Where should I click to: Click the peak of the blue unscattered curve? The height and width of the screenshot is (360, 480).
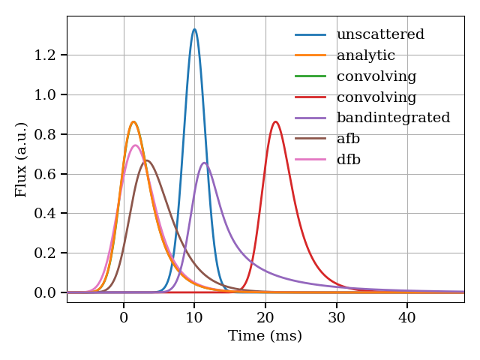point(194,29)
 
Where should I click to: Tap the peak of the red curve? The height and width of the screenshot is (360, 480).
point(275,121)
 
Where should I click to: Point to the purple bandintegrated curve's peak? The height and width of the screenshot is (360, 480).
point(204,163)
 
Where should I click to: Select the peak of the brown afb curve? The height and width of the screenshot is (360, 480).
point(147,160)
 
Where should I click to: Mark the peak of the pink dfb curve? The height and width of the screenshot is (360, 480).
point(135,145)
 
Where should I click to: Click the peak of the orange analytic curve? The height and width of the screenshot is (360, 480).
point(133,121)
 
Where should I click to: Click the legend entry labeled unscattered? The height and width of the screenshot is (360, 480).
point(380,34)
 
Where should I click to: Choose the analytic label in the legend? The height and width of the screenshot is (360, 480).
point(366,55)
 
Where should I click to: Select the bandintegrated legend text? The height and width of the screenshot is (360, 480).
point(393,118)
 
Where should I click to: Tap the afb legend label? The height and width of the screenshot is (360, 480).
point(349,139)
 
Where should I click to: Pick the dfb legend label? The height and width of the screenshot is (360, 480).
point(349,160)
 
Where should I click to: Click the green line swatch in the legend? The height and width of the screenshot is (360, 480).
point(310,76)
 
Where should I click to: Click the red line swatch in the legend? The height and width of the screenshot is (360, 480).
point(310,97)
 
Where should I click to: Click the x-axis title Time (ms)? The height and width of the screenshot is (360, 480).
point(265,336)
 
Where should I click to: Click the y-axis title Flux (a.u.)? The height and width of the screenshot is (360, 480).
point(21,159)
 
